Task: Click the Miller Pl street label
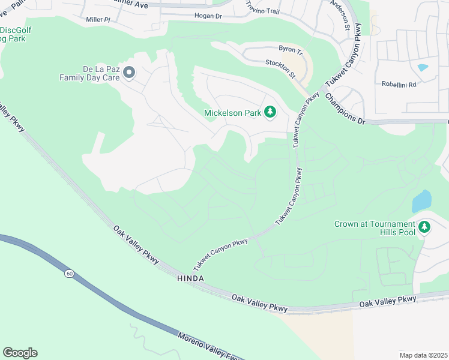(98, 20)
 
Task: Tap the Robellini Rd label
(399, 85)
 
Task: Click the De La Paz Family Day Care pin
(129, 73)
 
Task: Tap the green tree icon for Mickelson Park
(270, 112)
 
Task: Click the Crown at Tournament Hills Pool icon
(424, 227)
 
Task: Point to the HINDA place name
(191, 279)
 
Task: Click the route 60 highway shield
(70, 274)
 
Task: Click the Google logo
(20, 353)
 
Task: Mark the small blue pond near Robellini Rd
(423, 68)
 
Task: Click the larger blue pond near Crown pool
(421, 201)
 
